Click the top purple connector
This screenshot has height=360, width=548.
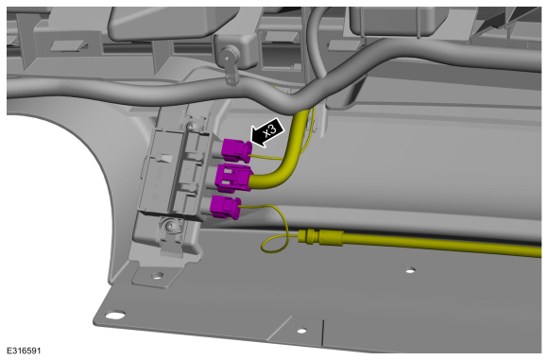click(x=236, y=150)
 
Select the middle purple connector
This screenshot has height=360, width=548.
click(x=233, y=179)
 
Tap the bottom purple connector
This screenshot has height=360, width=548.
click(x=226, y=207)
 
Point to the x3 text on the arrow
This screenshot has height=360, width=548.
click(x=270, y=130)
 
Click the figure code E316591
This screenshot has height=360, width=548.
click(x=24, y=351)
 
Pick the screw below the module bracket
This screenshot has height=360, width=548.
click(x=171, y=226)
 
